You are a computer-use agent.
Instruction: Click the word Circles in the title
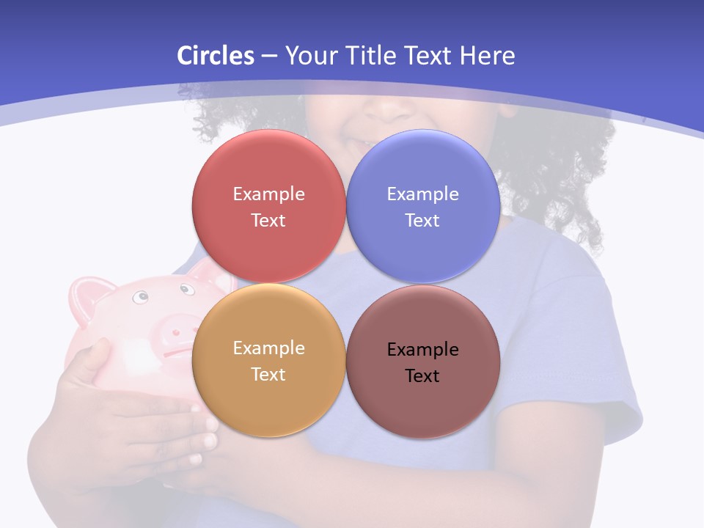[216, 56]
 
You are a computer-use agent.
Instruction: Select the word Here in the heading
[487, 56]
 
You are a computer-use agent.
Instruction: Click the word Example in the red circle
[268, 194]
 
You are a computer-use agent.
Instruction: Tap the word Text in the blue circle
[422, 220]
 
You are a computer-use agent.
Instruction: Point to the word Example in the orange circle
[268, 348]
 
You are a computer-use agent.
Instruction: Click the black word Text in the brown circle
[422, 375]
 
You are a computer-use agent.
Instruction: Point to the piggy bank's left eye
[139, 297]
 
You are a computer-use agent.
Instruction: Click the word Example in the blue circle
[422, 194]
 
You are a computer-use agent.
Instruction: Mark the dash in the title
[268, 56]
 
